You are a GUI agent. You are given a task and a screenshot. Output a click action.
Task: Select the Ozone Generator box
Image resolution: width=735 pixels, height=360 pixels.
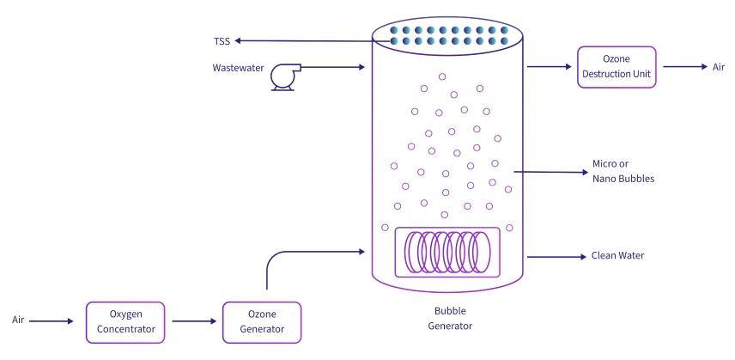click(262, 322)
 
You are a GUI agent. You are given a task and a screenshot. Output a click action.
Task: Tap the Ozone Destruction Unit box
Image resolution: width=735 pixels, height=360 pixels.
click(617, 67)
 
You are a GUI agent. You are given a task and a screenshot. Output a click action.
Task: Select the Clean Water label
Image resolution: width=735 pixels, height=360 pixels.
click(617, 256)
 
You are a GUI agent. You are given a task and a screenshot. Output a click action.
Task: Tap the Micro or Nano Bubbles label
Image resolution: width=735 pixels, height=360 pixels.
click(623, 172)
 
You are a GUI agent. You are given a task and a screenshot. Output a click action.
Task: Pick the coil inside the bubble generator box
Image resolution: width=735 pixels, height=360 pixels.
click(446, 253)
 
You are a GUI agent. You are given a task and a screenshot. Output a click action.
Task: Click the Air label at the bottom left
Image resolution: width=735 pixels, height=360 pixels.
click(18, 320)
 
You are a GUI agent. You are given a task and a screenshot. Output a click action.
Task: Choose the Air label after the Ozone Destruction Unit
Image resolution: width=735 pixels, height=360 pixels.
click(719, 67)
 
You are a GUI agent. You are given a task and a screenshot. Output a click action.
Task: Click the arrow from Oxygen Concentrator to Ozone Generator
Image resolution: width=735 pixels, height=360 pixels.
click(193, 322)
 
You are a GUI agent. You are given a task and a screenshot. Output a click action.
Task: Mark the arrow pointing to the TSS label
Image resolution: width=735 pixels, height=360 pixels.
click(301, 40)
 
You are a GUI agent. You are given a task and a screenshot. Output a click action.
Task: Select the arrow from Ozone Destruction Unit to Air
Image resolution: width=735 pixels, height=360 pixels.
click(683, 67)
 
